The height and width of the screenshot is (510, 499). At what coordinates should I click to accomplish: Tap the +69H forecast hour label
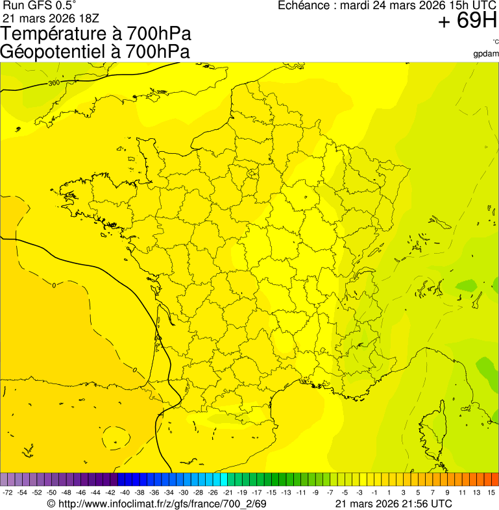[x=467, y=21]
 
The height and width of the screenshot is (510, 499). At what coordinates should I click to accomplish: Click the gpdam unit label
[x=486, y=53]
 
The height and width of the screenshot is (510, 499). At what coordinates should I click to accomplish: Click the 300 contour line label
[x=53, y=83]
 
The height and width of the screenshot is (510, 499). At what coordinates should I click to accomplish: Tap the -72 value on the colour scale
[x=8, y=492]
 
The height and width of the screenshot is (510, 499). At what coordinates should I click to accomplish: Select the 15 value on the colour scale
[x=492, y=492]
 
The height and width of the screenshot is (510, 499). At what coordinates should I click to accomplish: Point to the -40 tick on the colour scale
[x=125, y=492]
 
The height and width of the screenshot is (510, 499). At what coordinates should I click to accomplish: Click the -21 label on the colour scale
[x=228, y=492]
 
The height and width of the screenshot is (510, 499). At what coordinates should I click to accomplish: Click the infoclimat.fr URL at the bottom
[x=162, y=504]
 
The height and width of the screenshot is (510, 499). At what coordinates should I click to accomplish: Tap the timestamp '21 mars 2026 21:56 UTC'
[x=394, y=504]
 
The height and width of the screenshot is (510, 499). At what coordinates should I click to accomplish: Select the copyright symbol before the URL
[x=51, y=504]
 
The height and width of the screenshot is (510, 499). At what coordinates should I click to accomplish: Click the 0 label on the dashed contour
[x=54, y=285]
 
